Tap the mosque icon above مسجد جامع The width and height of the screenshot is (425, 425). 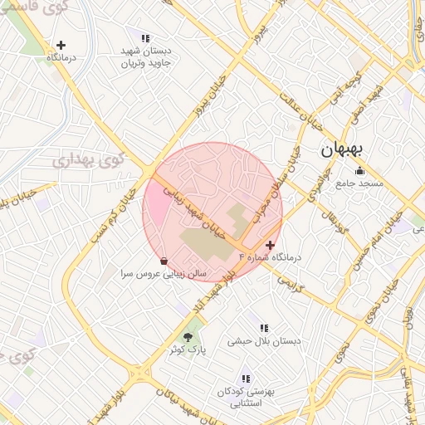(359, 171)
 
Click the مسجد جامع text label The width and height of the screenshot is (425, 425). (359, 183)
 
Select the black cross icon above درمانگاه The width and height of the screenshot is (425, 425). (61, 45)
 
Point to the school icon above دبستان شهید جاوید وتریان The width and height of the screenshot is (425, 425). (146, 38)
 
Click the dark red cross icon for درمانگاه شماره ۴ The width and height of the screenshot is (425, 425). (270, 245)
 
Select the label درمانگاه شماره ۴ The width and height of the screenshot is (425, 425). (270, 257)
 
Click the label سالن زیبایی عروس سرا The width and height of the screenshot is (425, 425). (164, 273)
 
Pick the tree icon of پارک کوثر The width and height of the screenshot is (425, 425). (188, 337)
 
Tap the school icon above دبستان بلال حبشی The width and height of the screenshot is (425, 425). (264, 329)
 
